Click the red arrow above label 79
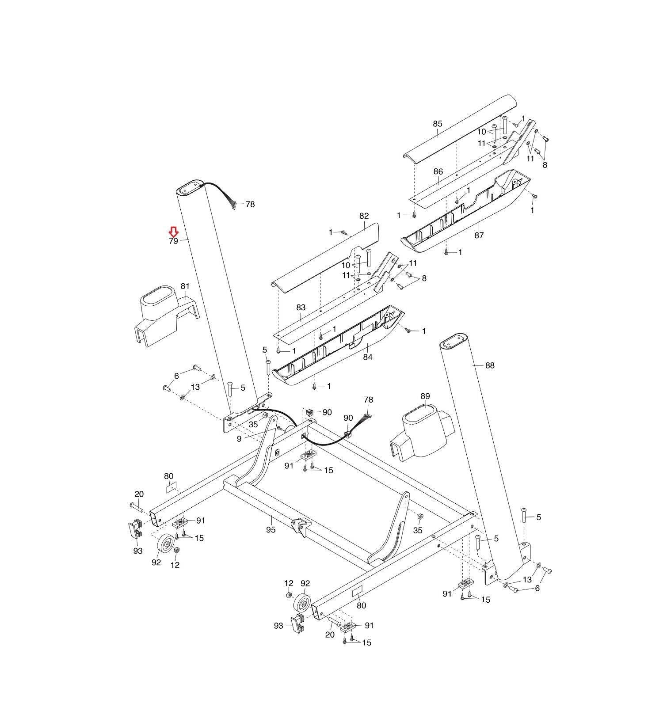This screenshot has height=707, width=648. [x=174, y=232]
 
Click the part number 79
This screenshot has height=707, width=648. [x=173, y=241]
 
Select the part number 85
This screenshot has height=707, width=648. [x=438, y=124]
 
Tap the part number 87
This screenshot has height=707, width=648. [x=479, y=236]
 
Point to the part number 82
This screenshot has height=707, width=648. [x=364, y=216]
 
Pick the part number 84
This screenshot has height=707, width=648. [x=368, y=357]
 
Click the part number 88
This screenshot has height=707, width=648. [x=490, y=365]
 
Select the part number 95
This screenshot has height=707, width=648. [x=271, y=529]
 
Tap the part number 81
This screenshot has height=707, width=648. [x=185, y=286]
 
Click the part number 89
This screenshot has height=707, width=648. [x=425, y=396]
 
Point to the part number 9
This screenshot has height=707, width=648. [x=239, y=439]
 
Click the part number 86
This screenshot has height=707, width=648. [x=438, y=171]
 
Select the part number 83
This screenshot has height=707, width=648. [x=301, y=308]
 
